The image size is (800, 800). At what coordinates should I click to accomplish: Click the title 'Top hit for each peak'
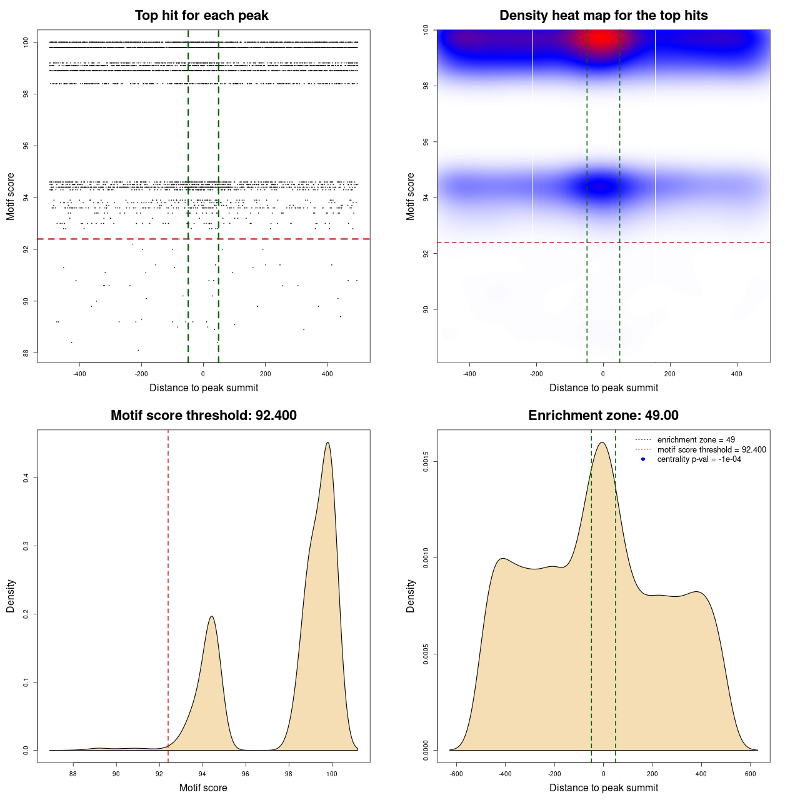click(201, 16)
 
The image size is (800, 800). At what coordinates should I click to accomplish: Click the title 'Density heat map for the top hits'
click(603, 16)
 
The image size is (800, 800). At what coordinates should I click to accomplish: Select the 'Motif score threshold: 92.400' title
click(203, 416)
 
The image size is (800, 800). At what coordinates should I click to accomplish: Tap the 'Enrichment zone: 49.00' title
click(603, 416)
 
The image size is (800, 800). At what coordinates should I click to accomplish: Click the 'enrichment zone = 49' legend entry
click(696, 440)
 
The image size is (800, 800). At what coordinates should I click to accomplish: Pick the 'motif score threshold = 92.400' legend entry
click(711, 450)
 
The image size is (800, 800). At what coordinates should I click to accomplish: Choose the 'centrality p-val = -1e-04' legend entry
click(699, 459)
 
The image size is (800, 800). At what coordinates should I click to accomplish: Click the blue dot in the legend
click(643, 459)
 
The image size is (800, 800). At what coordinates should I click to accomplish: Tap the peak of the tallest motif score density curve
click(327, 443)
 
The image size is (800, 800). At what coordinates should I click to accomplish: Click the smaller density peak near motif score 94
click(212, 617)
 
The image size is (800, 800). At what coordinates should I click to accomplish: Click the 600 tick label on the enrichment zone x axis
click(751, 774)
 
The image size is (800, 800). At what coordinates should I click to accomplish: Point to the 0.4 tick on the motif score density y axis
click(26, 478)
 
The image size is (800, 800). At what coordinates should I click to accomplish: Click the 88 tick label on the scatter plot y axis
click(26, 353)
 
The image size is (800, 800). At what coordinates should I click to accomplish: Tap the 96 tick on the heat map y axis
click(426, 142)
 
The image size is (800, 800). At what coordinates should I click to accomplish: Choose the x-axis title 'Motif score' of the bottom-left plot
click(203, 787)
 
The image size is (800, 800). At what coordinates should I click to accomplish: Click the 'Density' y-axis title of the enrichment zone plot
click(411, 596)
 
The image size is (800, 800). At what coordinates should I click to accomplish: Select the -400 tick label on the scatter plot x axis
click(79, 374)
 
